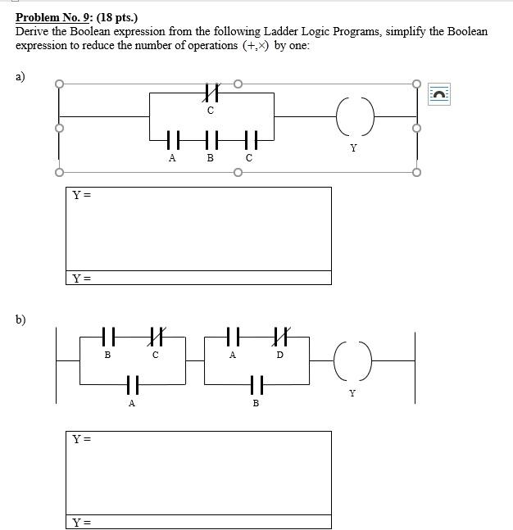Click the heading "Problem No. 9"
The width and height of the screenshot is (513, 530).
(x=52, y=16)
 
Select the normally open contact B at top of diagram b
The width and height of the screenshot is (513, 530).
(x=107, y=337)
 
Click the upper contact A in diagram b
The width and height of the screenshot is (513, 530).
(x=233, y=337)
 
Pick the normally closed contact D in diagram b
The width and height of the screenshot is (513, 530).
(x=280, y=337)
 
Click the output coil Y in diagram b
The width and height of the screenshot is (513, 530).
(x=353, y=359)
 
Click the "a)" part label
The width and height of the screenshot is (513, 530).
(x=20, y=76)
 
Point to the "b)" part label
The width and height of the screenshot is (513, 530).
(x=20, y=319)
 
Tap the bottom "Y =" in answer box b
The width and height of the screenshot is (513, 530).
(x=81, y=521)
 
